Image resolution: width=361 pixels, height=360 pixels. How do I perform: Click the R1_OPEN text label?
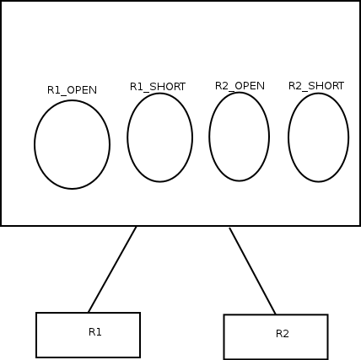click(72, 90)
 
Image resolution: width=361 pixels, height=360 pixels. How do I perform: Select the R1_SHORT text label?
click(158, 87)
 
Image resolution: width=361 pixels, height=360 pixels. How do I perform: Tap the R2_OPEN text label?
click(240, 86)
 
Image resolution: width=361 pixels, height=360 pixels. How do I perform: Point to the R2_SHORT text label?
click(316, 86)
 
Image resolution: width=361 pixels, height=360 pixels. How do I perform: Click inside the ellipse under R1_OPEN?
click(72, 144)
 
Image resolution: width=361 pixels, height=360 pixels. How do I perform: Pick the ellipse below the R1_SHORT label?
click(160, 137)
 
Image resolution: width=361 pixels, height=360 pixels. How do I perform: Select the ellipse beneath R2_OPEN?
click(240, 137)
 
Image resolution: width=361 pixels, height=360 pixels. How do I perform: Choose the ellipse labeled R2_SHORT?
click(319, 137)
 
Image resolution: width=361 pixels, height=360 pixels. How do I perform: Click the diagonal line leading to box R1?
click(112, 269)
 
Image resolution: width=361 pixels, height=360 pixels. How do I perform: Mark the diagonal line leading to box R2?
click(252, 271)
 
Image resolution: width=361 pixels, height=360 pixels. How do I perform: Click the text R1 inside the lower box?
click(94, 332)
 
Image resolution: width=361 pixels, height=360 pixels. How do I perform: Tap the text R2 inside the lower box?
click(283, 334)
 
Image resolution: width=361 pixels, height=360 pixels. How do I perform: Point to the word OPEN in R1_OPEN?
click(82, 90)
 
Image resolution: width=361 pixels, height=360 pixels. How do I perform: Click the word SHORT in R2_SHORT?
click(326, 86)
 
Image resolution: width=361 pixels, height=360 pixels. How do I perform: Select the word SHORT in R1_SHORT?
click(168, 87)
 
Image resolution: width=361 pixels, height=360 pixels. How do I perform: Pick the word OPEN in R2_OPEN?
click(250, 86)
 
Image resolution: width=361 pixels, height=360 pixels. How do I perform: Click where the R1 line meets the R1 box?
click(89, 312)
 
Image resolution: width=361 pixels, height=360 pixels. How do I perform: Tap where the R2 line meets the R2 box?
click(276, 314)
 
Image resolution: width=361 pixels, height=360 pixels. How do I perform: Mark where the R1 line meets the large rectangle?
click(137, 226)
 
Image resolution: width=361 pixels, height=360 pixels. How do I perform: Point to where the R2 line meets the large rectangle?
click(229, 227)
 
